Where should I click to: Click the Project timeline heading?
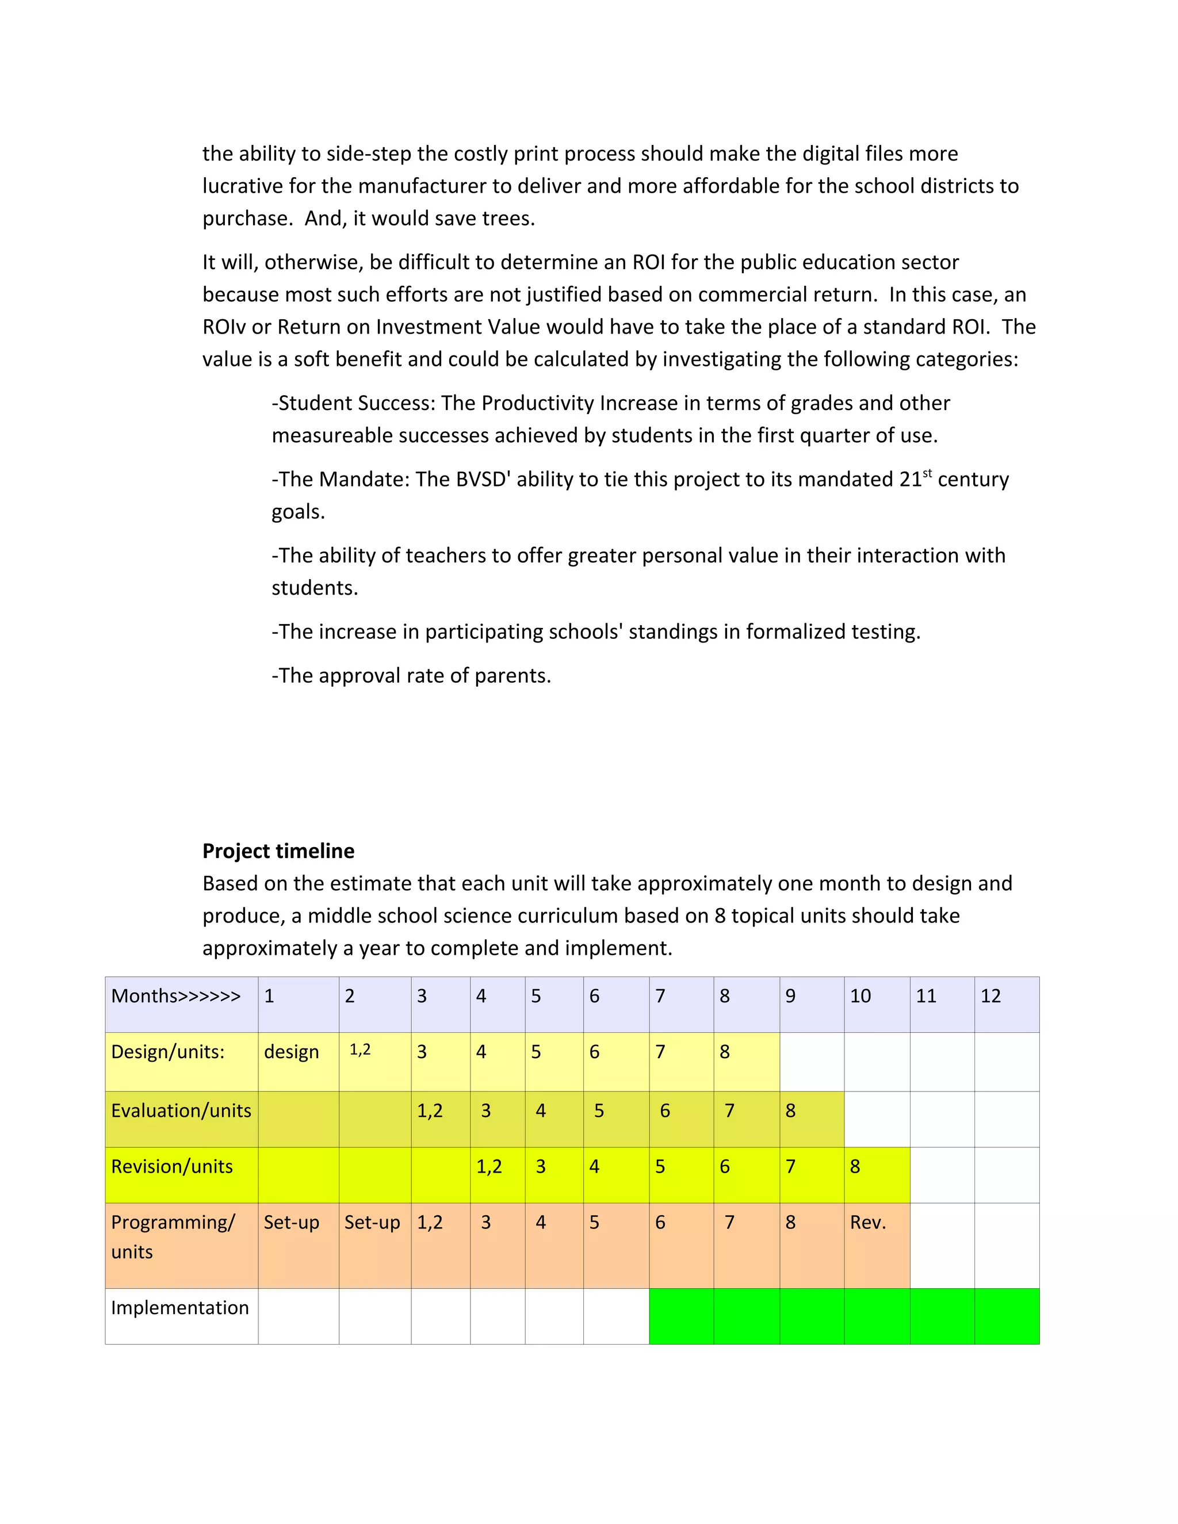pyautogui.click(x=278, y=851)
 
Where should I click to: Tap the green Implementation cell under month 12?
pyautogui.click(x=1007, y=1315)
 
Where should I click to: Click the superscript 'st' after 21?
pyautogui.click(x=927, y=473)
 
